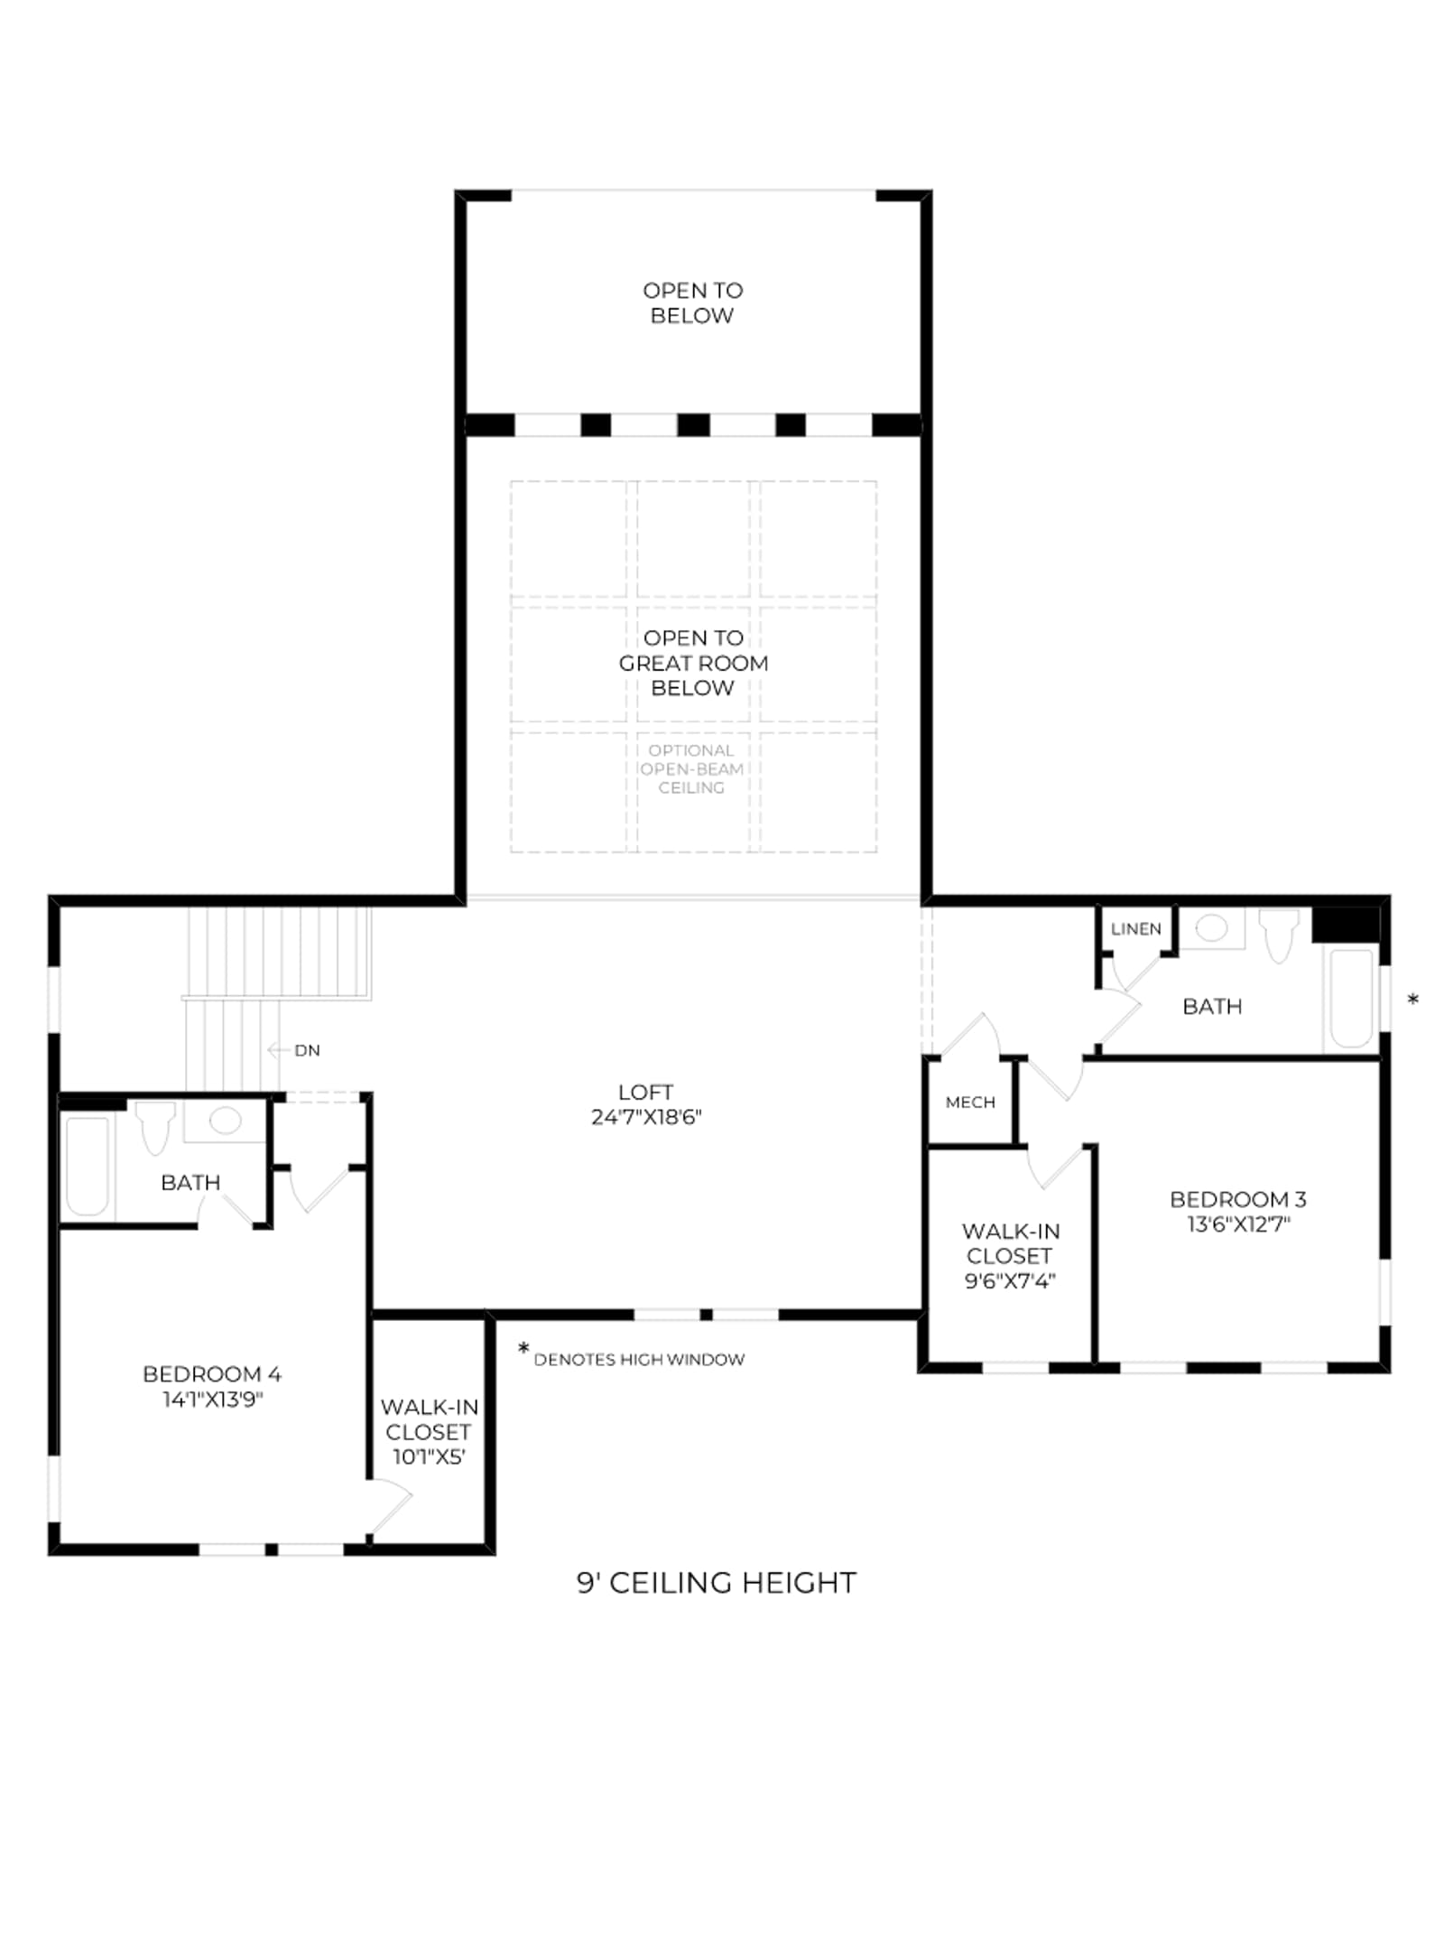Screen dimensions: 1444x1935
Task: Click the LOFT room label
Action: (x=646, y=1092)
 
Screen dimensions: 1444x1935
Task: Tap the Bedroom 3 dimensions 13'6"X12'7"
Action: (x=1238, y=1224)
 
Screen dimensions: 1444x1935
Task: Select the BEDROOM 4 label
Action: (x=212, y=1374)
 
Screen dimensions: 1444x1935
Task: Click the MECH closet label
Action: (x=970, y=1102)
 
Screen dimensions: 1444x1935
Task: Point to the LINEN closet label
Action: (x=1136, y=929)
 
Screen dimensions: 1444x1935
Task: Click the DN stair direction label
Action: (x=307, y=1050)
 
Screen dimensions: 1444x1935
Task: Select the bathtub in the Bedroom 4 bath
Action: (x=88, y=1166)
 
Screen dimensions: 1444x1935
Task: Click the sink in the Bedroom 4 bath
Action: (x=225, y=1121)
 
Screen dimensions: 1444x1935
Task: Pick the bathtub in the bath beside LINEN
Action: (x=1351, y=998)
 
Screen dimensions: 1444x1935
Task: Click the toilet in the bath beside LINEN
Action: (x=1279, y=935)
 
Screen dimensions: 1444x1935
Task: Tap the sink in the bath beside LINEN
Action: (x=1212, y=928)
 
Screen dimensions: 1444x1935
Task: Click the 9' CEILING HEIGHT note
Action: (x=717, y=1583)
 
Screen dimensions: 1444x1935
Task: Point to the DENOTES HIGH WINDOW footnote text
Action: (x=639, y=1360)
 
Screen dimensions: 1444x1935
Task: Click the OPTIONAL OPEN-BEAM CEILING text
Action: (x=691, y=769)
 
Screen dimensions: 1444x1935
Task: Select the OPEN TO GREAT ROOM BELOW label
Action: (x=693, y=663)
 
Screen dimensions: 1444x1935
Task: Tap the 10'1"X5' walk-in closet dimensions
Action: (x=429, y=1456)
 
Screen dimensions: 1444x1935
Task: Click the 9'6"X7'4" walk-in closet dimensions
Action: (x=1010, y=1280)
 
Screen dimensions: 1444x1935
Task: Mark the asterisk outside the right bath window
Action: (x=1413, y=999)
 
